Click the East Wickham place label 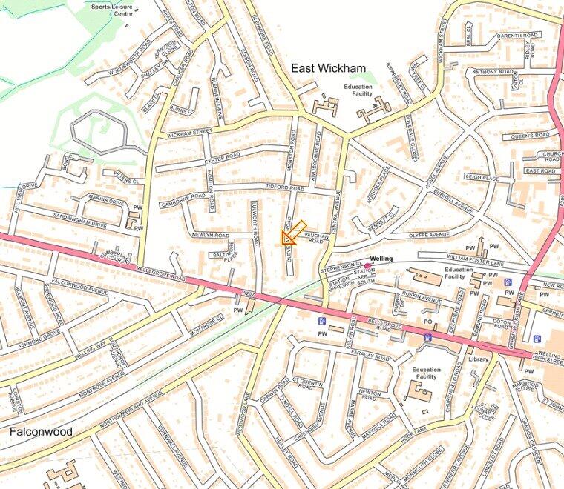[x=328, y=68]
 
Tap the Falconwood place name [x=41, y=430]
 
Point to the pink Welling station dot [x=367, y=265]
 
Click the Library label [x=478, y=359]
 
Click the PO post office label [x=427, y=321]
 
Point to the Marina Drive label [x=105, y=200]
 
